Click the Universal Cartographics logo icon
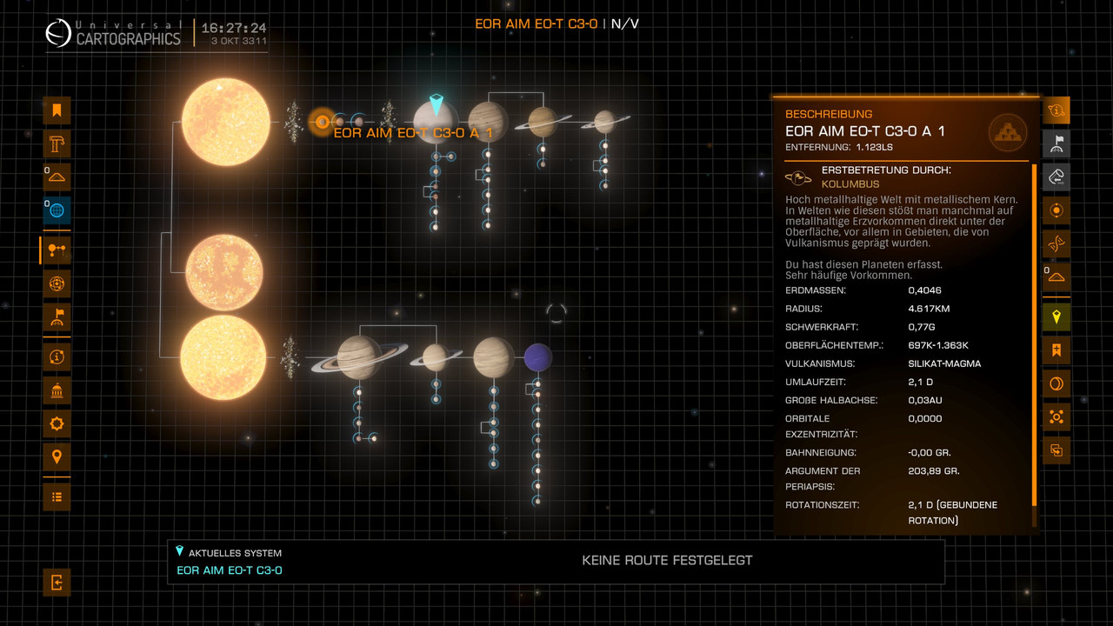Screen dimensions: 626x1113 tap(57, 33)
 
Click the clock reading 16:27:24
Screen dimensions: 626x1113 tap(234, 28)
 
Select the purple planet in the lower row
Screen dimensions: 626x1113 tap(537, 356)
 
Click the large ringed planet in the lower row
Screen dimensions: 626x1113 tap(360, 356)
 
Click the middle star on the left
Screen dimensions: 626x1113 tap(224, 270)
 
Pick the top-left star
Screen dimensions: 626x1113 tap(226, 122)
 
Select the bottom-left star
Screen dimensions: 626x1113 tap(223, 357)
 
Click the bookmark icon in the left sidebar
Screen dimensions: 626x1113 tap(57, 110)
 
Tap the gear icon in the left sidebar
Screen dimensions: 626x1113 tap(57, 423)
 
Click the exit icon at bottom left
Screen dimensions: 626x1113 tap(57, 582)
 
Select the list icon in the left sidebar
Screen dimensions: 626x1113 tap(57, 496)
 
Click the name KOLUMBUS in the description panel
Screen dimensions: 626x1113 tap(850, 184)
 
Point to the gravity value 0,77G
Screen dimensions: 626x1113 tap(921, 327)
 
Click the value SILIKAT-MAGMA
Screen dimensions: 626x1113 tap(944, 363)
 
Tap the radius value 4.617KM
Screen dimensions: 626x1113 tap(930, 309)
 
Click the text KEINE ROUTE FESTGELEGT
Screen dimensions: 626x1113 tap(667, 561)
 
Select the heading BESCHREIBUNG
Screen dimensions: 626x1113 tap(829, 114)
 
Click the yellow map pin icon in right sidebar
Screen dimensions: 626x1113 tap(1056, 317)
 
